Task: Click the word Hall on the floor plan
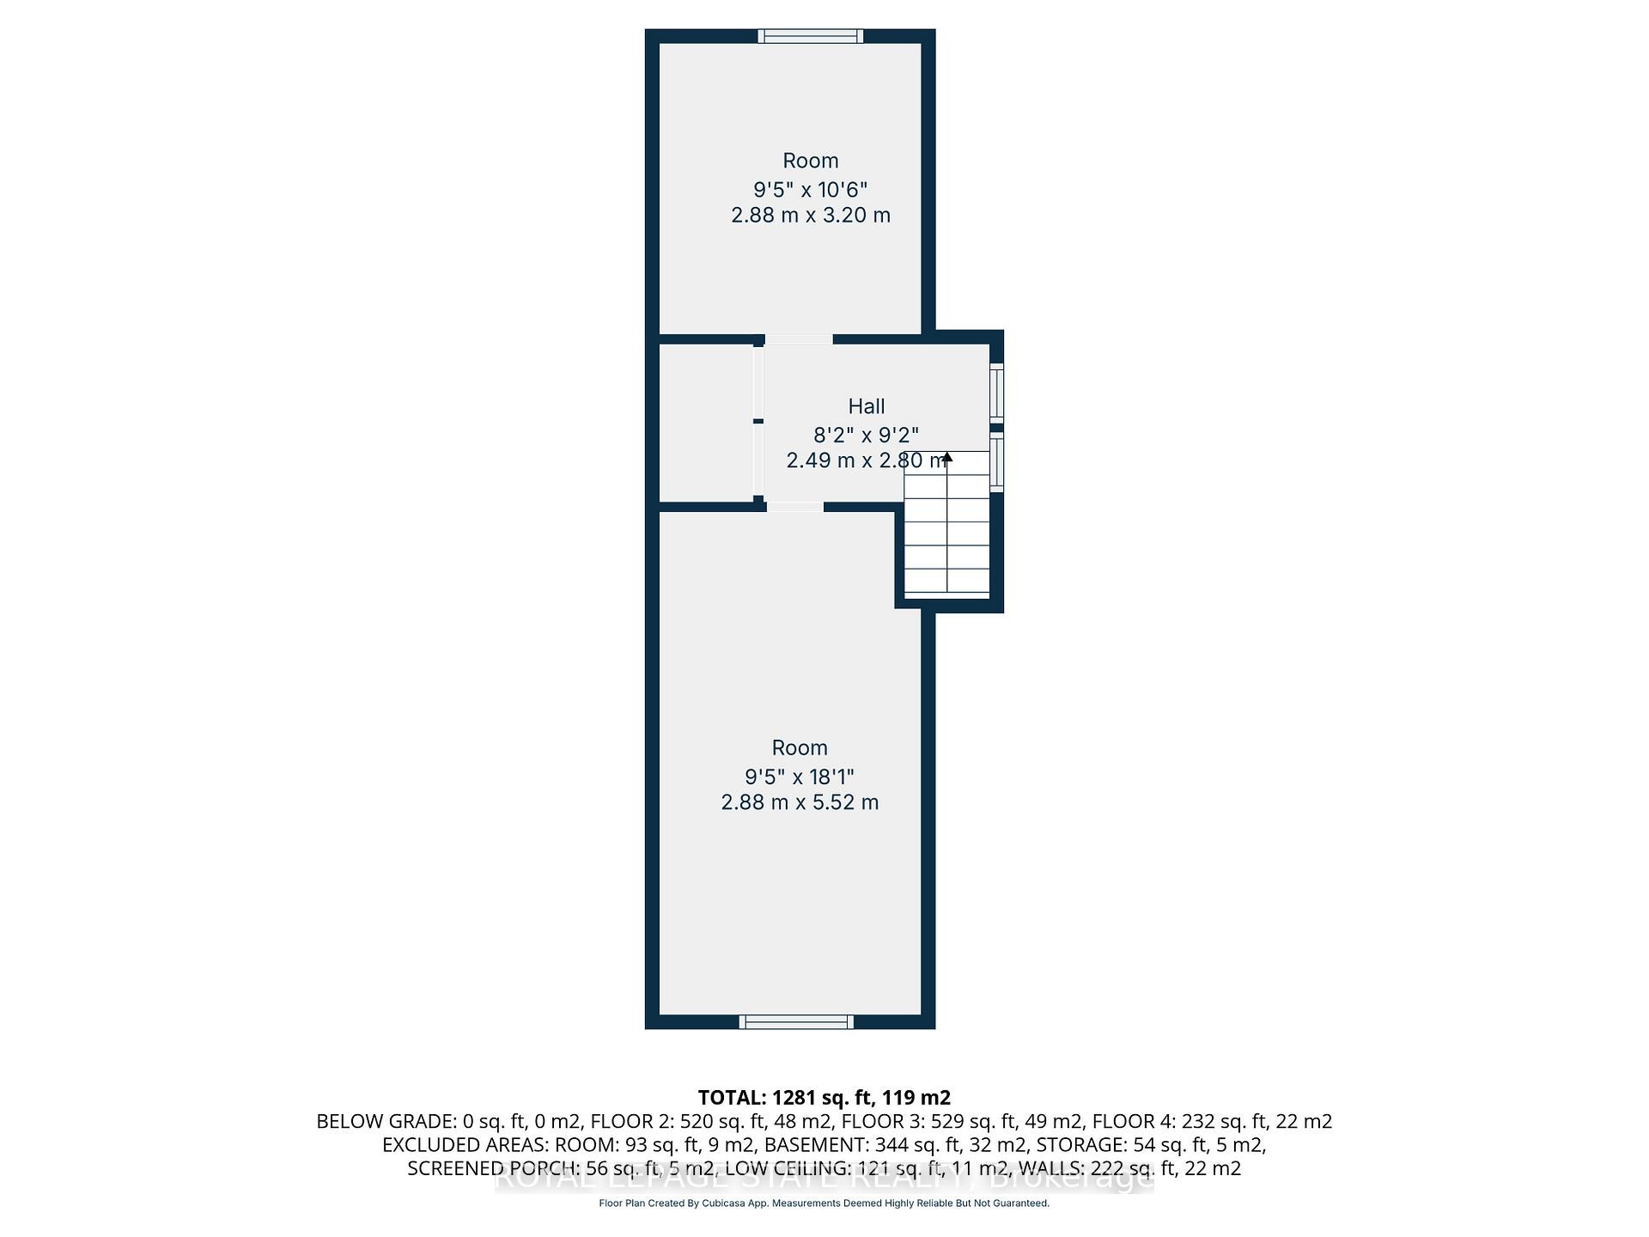point(866,406)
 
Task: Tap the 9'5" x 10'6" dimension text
point(810,189)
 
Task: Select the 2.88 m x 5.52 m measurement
point(800,802)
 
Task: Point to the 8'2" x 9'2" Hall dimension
point(866,436)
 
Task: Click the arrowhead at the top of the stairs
point(947,457)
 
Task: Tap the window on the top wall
point(810,36)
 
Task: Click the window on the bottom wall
point(796,1021)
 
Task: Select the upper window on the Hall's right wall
point(996,393)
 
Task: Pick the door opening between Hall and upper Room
point(799,339)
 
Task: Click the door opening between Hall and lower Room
point(794,507)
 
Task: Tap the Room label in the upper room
point(810,161)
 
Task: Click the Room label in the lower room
point(800,747)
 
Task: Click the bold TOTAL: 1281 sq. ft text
point(824,1097)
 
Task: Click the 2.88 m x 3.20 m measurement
point(810,215)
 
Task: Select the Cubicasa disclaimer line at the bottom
point(824,1203)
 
